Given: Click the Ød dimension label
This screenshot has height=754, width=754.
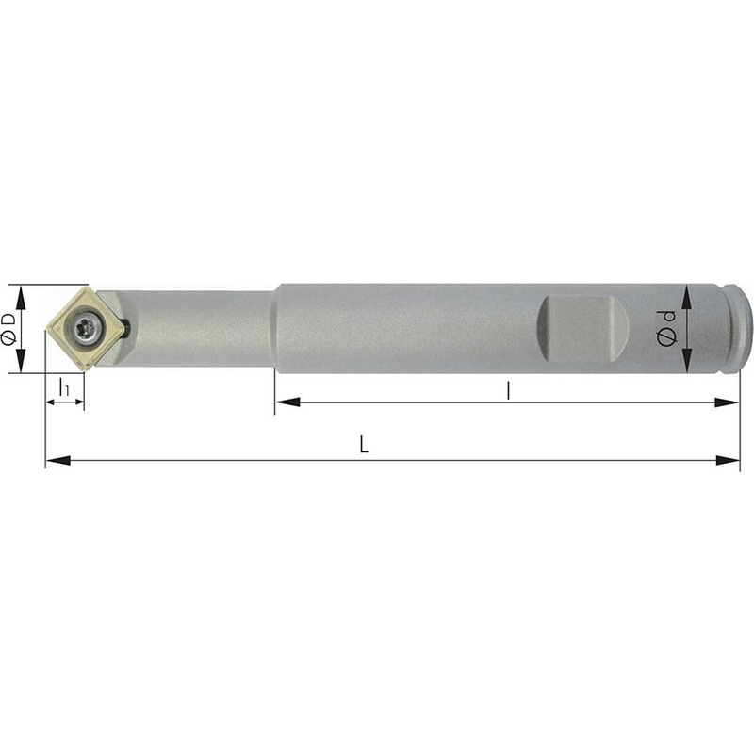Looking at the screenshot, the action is click(x=665, y=328).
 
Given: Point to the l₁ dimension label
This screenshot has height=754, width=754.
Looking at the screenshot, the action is click(x=63, y=386).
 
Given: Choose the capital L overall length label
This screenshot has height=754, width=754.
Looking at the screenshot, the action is click(x=364, y=445).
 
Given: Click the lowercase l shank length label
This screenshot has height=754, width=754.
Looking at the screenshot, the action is click(x=508, y=390).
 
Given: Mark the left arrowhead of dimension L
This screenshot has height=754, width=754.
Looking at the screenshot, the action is click(x=57, y=460).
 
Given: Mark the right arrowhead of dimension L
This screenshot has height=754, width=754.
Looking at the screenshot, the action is click(x=728, y=460).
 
